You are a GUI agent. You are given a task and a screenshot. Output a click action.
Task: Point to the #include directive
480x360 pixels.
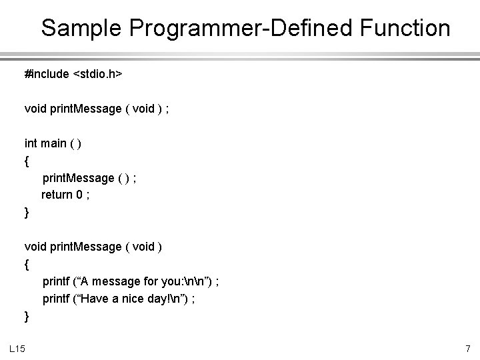click(47, 73)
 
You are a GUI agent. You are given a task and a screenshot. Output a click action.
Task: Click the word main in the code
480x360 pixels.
click(55, 143)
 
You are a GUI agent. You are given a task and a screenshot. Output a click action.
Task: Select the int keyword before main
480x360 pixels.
click(31, 143)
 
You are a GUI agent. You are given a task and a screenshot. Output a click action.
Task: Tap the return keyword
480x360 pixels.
click(57, 195)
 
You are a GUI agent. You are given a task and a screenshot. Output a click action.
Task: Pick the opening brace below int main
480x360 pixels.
click(27, 161)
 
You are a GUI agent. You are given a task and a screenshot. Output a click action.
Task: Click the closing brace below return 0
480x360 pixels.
click(27, 213)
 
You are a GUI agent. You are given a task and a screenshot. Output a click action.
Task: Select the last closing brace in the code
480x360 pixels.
click(27, 316)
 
